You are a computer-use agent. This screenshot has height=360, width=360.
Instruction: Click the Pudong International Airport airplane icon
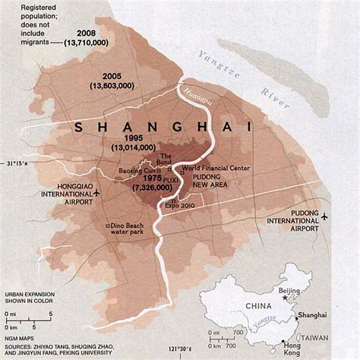[326, 216]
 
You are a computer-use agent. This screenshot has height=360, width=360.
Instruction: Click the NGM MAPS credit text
[22, 327]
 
